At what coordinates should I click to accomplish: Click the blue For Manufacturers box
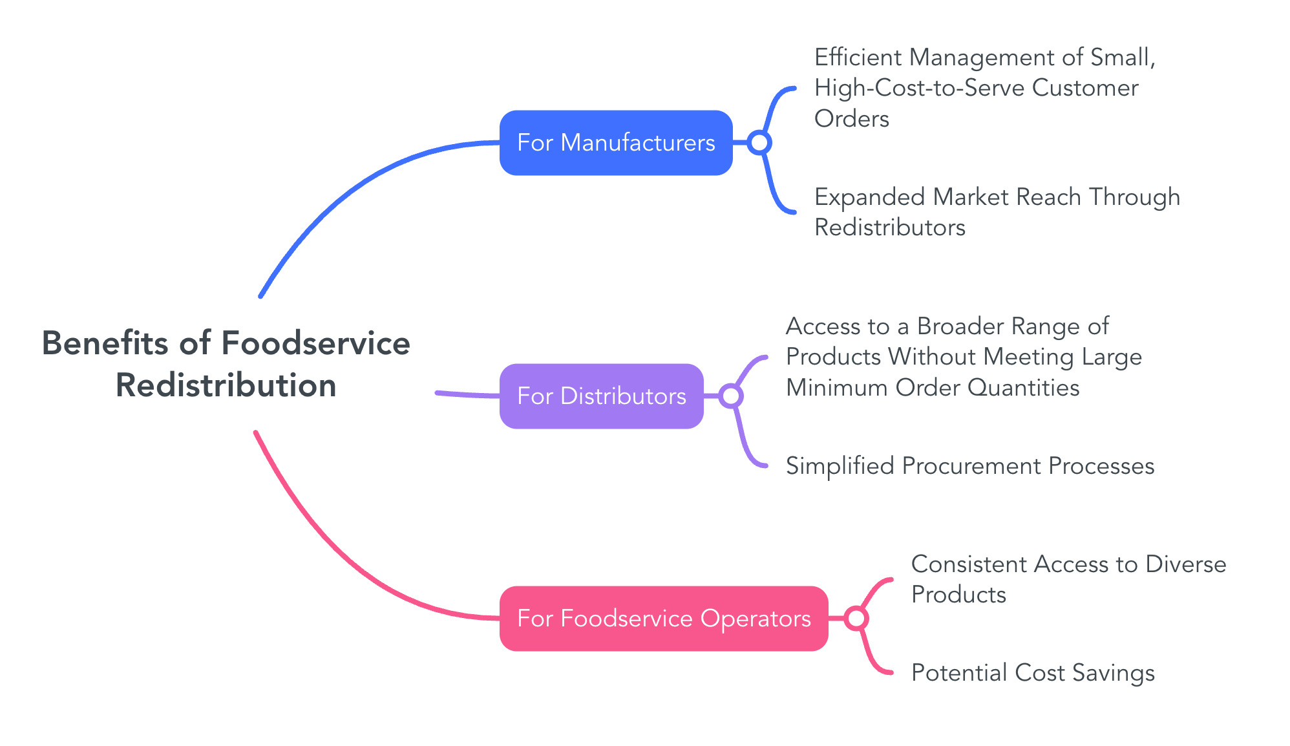(615, 143)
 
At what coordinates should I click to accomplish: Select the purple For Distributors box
(601, 396)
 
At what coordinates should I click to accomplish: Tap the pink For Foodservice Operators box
(663, 619)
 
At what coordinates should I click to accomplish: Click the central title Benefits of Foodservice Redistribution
(226, 364)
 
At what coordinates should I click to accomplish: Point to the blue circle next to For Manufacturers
(759, 143)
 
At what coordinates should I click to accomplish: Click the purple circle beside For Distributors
(730, 396)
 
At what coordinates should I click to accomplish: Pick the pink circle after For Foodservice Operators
(856, 619)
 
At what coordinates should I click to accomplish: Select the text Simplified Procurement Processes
(969, 466)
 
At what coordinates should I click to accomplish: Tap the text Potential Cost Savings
(1032, 673)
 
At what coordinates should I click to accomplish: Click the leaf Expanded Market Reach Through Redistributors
(997, 212)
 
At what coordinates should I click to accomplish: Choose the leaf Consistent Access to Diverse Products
(1068, 579)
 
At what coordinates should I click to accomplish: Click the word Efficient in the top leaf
(858, 58)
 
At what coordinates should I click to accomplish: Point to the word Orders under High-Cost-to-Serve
(851, 119)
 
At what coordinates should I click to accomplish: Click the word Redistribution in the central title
(226, 386)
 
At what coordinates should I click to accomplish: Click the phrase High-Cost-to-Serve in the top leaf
(919, 88)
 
